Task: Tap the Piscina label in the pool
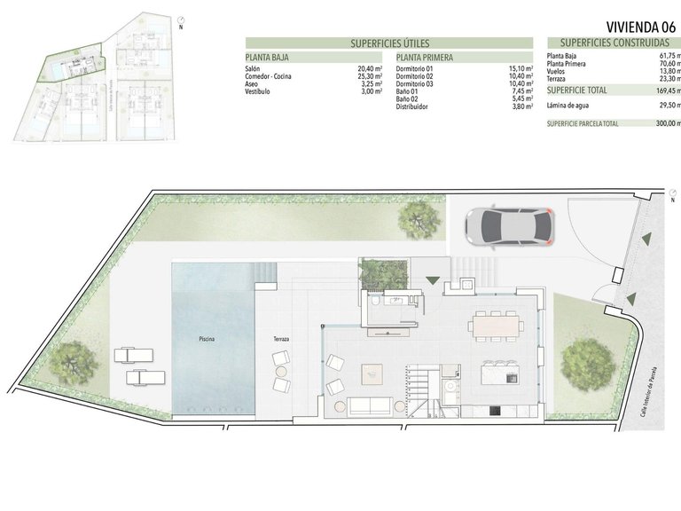(x=207, y=339)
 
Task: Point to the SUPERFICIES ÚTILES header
(x=388, y=43)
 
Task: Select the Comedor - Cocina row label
(x=268, y=76)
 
